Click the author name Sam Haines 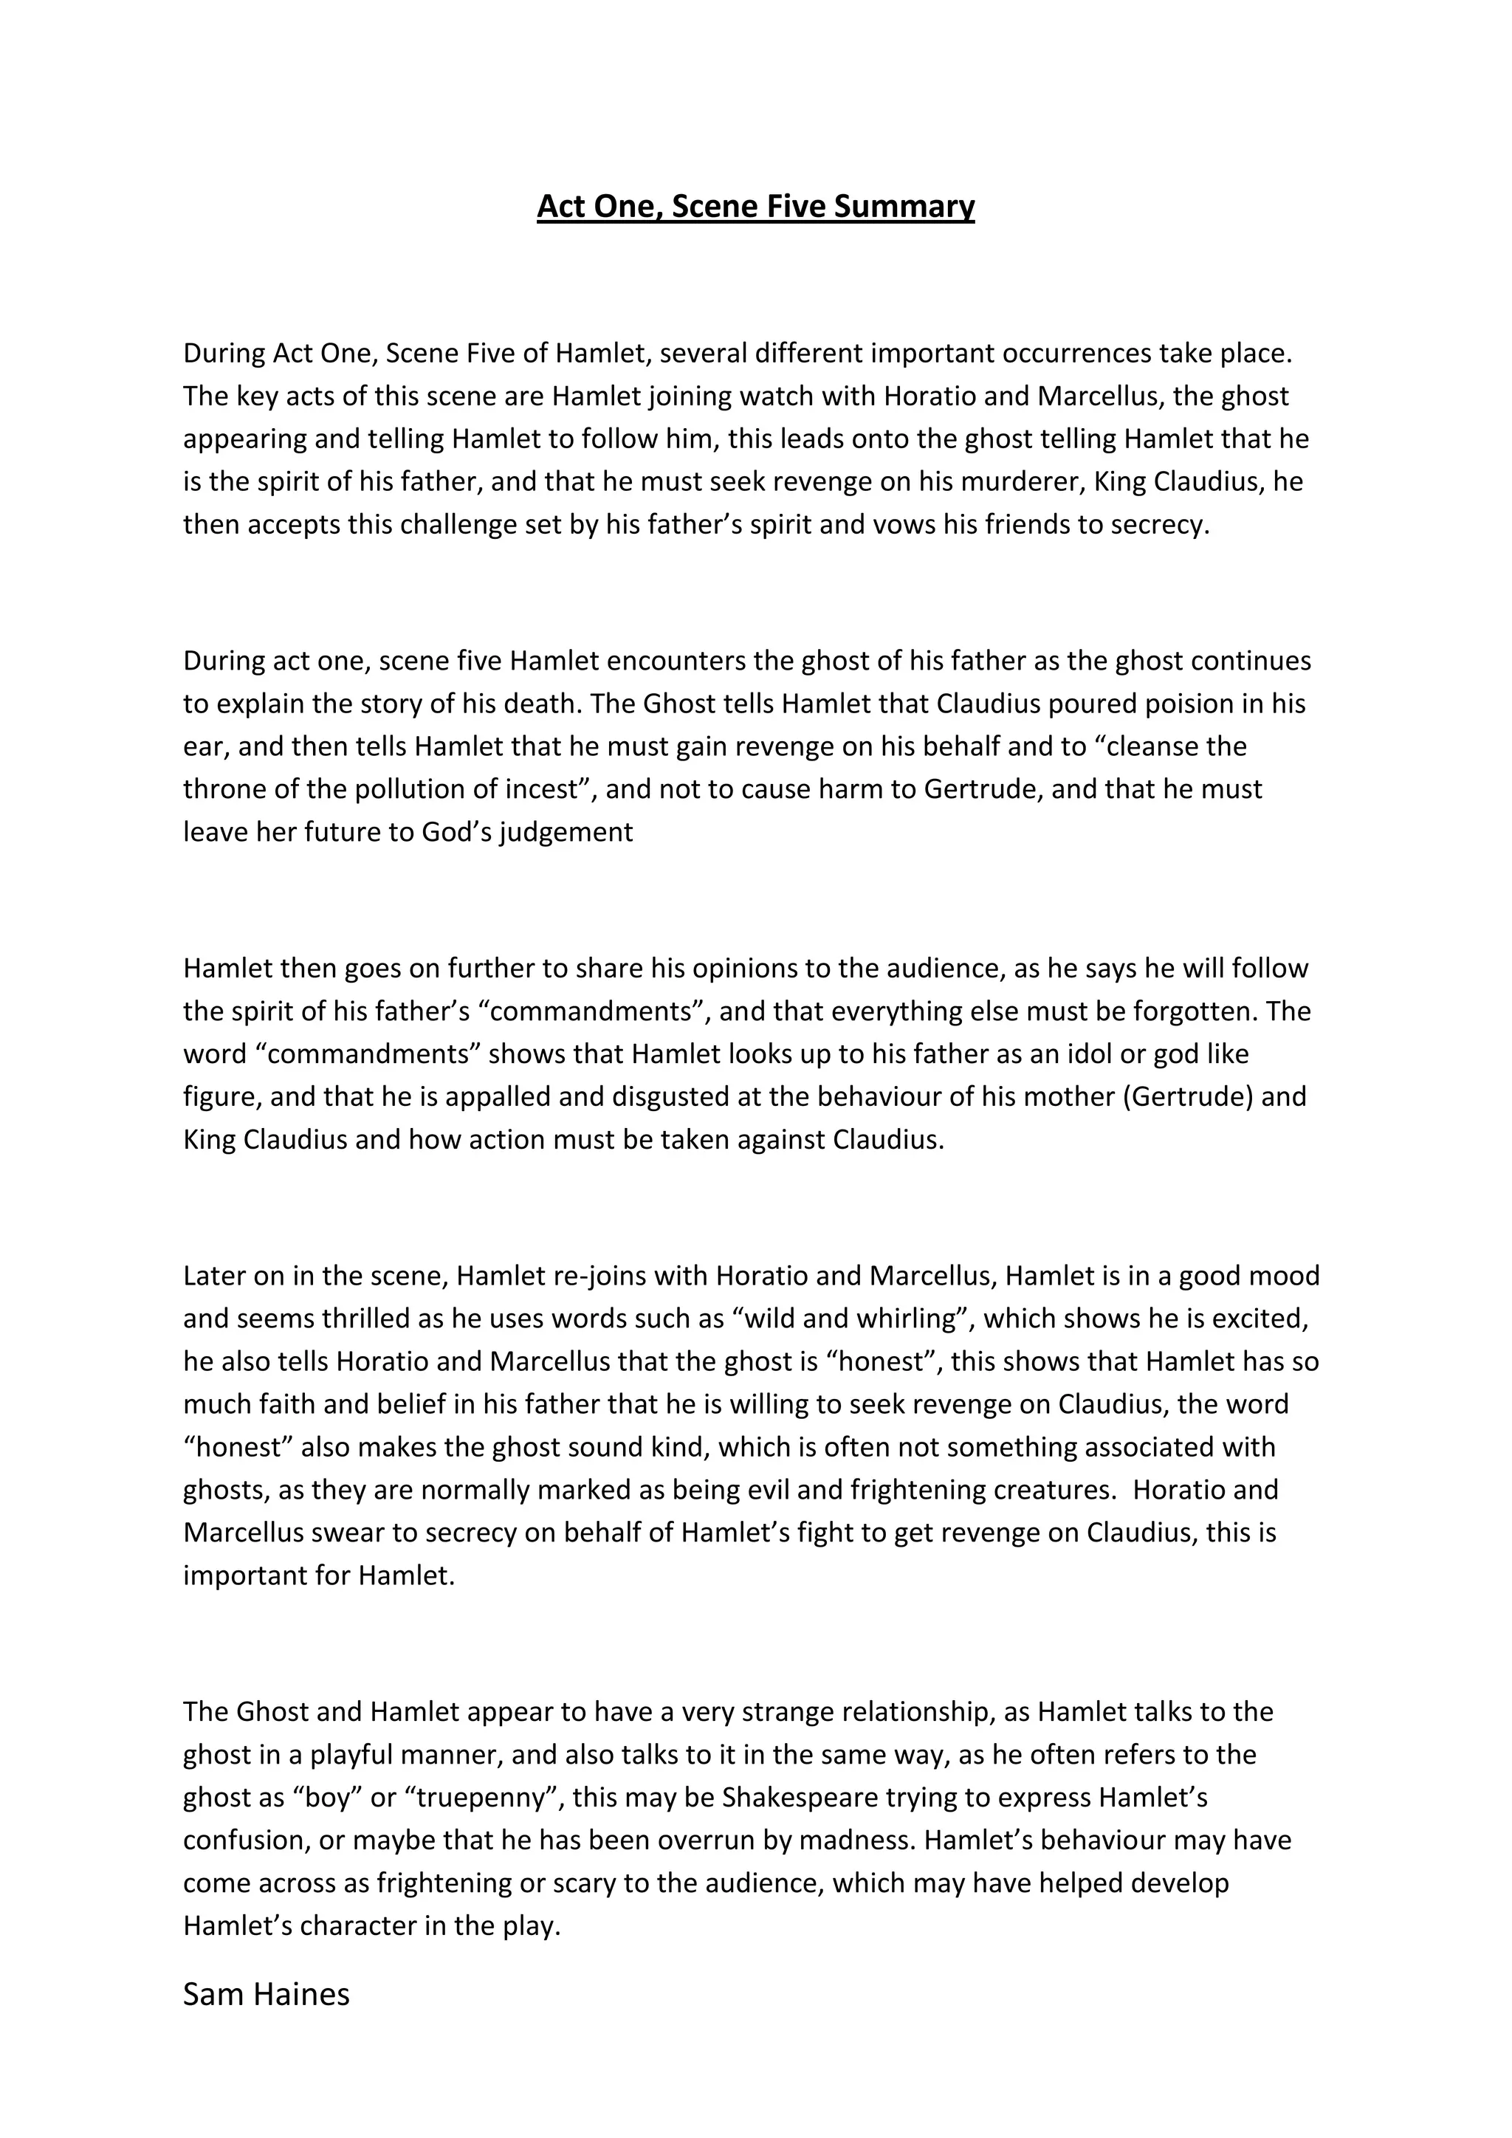tap(267, 1995)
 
